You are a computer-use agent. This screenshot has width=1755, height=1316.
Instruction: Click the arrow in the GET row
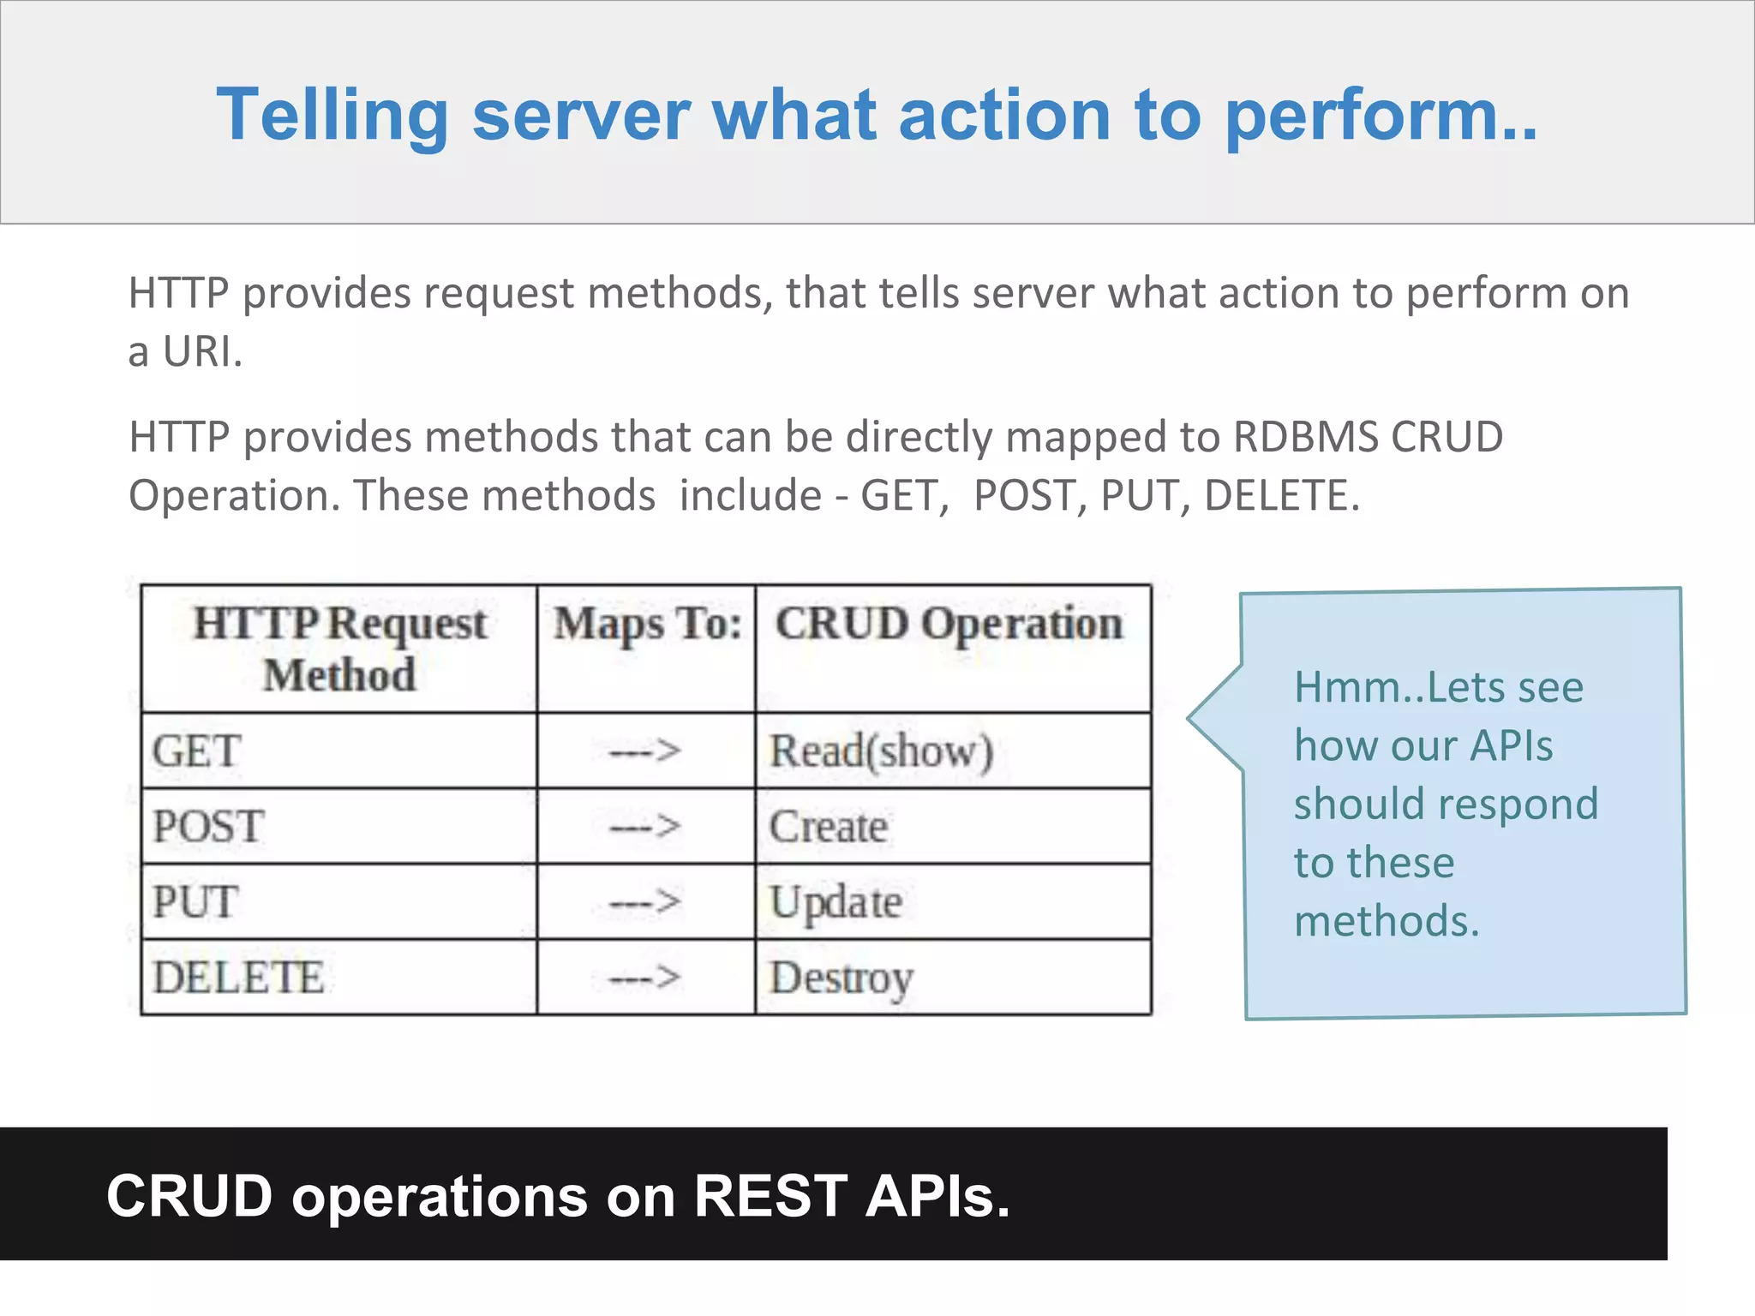645,751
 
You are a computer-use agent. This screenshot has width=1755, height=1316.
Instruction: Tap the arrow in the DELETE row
645,978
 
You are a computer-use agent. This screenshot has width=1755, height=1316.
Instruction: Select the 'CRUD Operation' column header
949,624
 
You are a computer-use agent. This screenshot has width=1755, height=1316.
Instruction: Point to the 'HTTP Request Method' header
339,649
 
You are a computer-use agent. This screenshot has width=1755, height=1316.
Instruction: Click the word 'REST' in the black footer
770,1196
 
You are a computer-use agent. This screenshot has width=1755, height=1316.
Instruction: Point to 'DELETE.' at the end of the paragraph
1282,495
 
